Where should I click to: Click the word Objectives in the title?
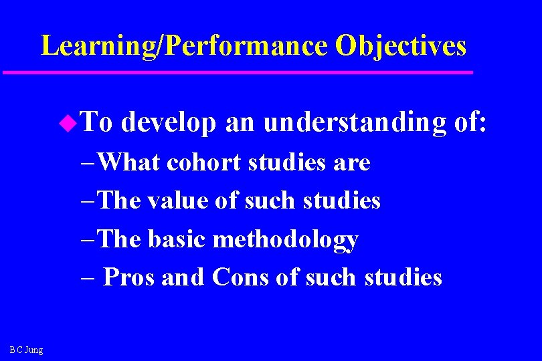[400, 46]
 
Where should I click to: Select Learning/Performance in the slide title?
[184, 46]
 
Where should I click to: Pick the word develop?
[169, 123]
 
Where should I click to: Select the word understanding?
[355, 123]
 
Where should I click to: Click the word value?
[177, 201]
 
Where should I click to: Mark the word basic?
[177, 239]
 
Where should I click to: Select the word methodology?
[285, 239]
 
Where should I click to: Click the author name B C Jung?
[27, 350]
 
